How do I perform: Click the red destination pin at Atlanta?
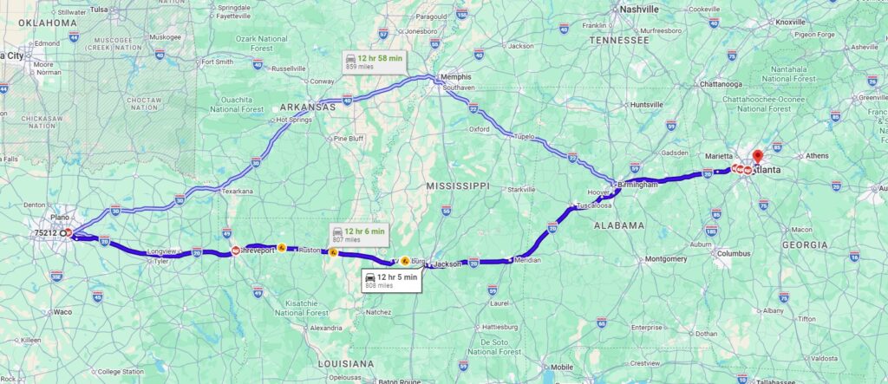(x=757, y=158)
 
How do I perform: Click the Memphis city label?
(x=455, y=76)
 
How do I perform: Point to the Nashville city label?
(x=639, y=10)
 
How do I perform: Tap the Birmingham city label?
(x=638, y=184)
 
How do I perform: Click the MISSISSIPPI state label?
(x=459, y=185)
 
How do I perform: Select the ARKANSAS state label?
(x=307, y=107)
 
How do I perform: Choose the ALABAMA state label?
(x=619, y=225)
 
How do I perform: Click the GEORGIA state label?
(x=804, y=245)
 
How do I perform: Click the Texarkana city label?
(x=237, y=191)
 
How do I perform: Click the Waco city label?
(x=63, y=310)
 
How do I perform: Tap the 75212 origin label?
(x=46, y=233)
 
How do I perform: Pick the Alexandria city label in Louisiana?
(x=326, y=328)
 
